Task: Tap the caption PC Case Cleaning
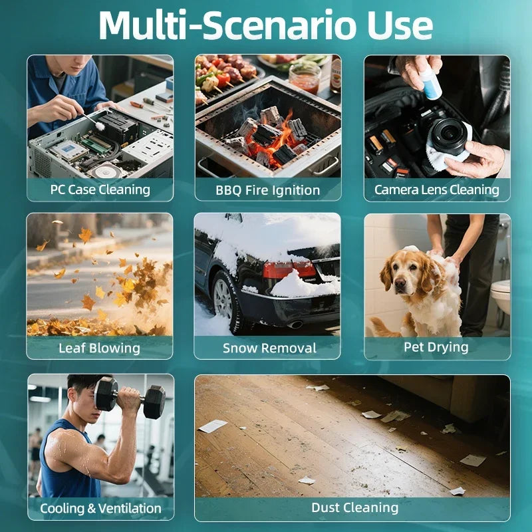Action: coord(100,190)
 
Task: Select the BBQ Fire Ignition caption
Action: coord(268,190)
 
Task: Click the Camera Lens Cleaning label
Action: coord(437,190)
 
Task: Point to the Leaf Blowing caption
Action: coord(99,348)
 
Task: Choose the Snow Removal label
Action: coord(269,348)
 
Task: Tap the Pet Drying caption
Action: coord(436,347)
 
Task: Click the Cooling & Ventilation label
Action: coord(100,508)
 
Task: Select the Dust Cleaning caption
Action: coord(354,507)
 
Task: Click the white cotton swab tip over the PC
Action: coord(100,126)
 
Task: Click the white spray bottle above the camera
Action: coord(430,81)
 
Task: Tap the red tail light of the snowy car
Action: coord(289,269)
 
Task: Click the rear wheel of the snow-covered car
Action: coord(225,301)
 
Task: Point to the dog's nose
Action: coord(400,282)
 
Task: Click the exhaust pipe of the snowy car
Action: coord(295,325)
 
